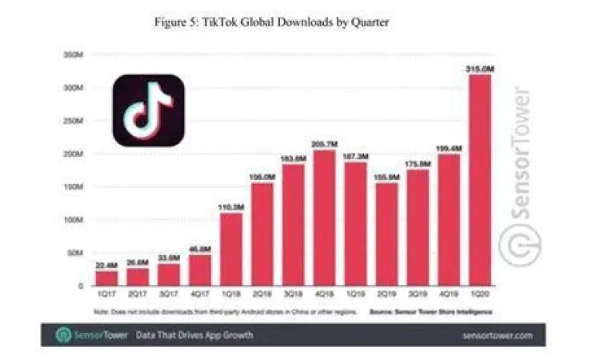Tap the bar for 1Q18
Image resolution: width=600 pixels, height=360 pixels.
point(231,249)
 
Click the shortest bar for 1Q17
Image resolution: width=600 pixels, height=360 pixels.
point(106,278)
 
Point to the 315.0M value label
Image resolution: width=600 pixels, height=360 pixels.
point(479,70)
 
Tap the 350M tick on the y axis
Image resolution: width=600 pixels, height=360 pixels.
point(73,54)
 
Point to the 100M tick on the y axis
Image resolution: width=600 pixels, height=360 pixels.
point(73,219)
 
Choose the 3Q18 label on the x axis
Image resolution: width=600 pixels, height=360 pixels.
point(292,294)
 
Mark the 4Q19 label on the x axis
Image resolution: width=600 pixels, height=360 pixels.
point(448,294)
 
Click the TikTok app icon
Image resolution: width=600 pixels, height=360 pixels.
point(148,110)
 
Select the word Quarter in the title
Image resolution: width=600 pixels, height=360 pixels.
point(366,22)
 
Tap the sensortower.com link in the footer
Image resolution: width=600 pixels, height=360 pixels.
point(497,335)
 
